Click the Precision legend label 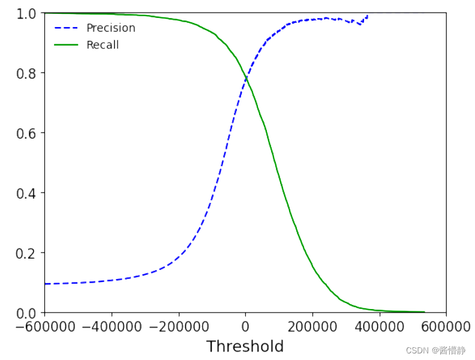pyautogui.click(x=110, y=28)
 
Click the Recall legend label pyautogui.click(x=103, y=45)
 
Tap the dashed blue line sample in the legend pyautogui.click(x=67, y=28)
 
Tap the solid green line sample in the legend pyautogui.click(x=67, y=45)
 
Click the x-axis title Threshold pyautogui.click(x=245, y=347)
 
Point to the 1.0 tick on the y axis pyautogui.click(x=27, y=13)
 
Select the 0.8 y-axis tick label pyautogui.click(x=27, y=73)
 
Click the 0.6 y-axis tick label pyautogui.click(x=27, y=133)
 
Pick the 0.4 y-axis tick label pyautogui.click(x=27, y=193)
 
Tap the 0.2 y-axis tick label pyautogui.click(x=27, y=253)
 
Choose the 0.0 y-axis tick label pyautogui.click(x=27, y=313)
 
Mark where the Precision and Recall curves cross pyautogui.click(x=246, y=79)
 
